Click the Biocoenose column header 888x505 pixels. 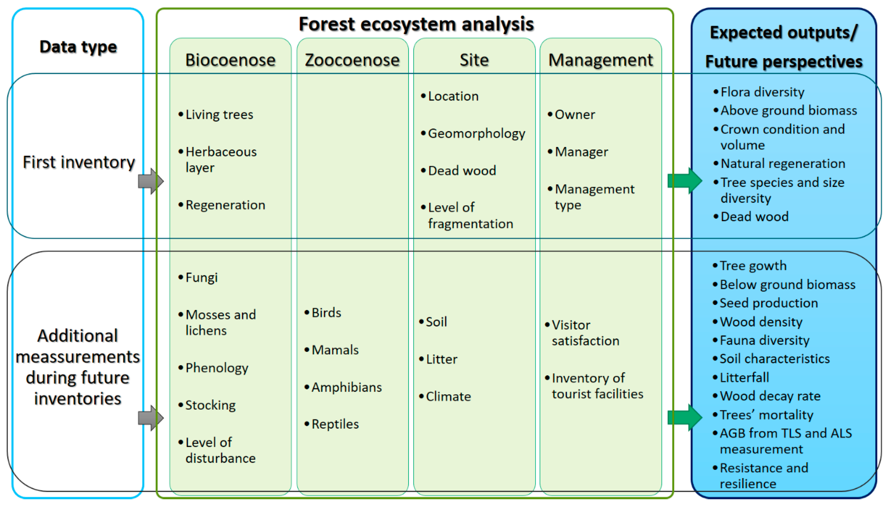[230, 60]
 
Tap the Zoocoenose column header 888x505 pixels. [352, 60]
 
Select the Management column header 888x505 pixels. [600, 60]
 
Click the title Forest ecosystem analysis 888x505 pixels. [416, 24]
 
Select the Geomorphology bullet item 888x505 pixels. [476, 133]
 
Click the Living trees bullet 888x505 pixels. [219, 115]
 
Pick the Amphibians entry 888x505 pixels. [346, 387]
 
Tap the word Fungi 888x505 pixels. [201, 278]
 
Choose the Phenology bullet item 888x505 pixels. [217, 368]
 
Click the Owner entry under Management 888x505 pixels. [575, 115]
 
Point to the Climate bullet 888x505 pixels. [448, 397]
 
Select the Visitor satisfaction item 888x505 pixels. [585, 333]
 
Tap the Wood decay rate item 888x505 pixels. [770, 396]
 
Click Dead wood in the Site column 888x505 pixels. [462, 171]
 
